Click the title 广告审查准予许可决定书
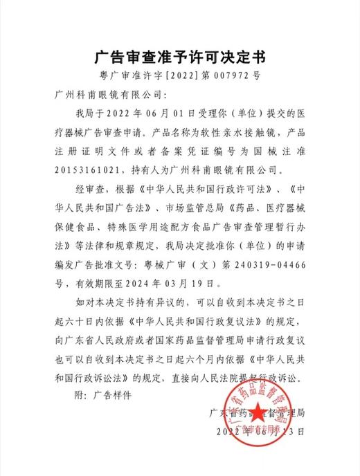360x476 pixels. point(180,55)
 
